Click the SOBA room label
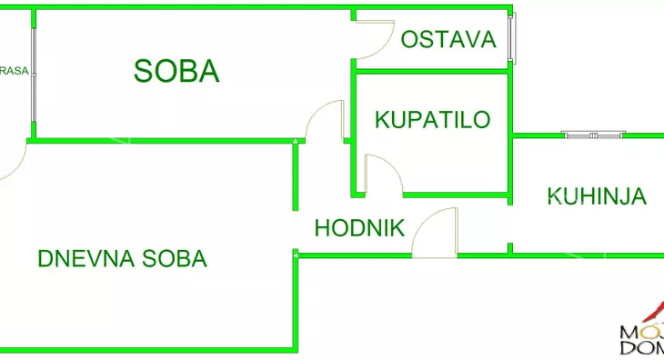point(176,71)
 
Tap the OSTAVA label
point(448,39)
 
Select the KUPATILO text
point(432,119)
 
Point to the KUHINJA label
point(597,195)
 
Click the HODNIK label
point(359,228)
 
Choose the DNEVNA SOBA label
point(122,258)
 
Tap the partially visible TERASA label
point(12,71)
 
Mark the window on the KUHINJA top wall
point(593,135)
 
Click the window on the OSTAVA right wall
point(513,39)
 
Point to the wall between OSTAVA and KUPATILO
point(431,72)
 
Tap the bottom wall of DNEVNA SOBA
point(146,349)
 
